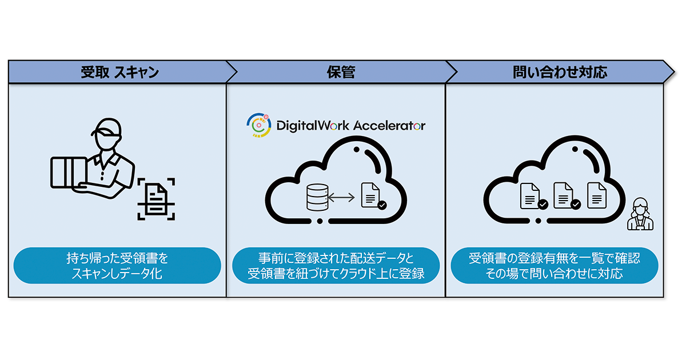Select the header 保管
pos(341,73)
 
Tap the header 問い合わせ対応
pos(560,73)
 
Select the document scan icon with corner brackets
pos(156,198)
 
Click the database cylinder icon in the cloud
pos(317,198)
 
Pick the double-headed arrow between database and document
pos(342,198)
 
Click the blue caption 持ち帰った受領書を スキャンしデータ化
pos(117,266)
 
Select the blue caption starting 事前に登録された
pos(336,266)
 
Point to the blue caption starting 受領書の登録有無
pos(555,266)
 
